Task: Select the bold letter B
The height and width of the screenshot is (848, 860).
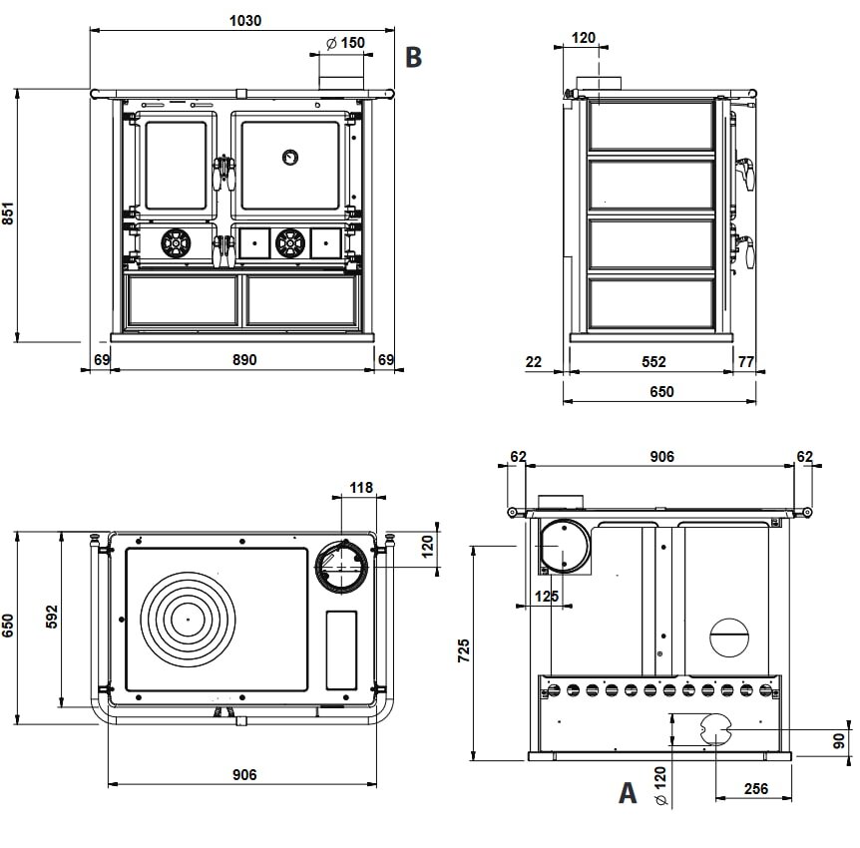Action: point(413,57)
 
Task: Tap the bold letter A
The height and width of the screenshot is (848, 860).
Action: point(627,793)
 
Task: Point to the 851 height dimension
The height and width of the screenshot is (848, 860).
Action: point(9,214)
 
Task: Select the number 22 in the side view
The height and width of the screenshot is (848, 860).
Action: point(534,362)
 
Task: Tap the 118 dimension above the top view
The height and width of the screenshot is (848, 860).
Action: point(361,488)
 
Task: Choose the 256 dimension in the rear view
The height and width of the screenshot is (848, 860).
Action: point(755,789)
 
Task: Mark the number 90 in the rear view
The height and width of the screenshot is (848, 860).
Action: point(839,739)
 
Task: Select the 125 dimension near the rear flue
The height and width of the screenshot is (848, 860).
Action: point(546,597)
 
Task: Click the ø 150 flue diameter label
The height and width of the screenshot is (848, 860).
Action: point(345,43)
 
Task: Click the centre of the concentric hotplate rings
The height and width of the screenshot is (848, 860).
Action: point(187,618)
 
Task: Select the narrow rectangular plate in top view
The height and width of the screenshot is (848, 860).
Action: point(341,648)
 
